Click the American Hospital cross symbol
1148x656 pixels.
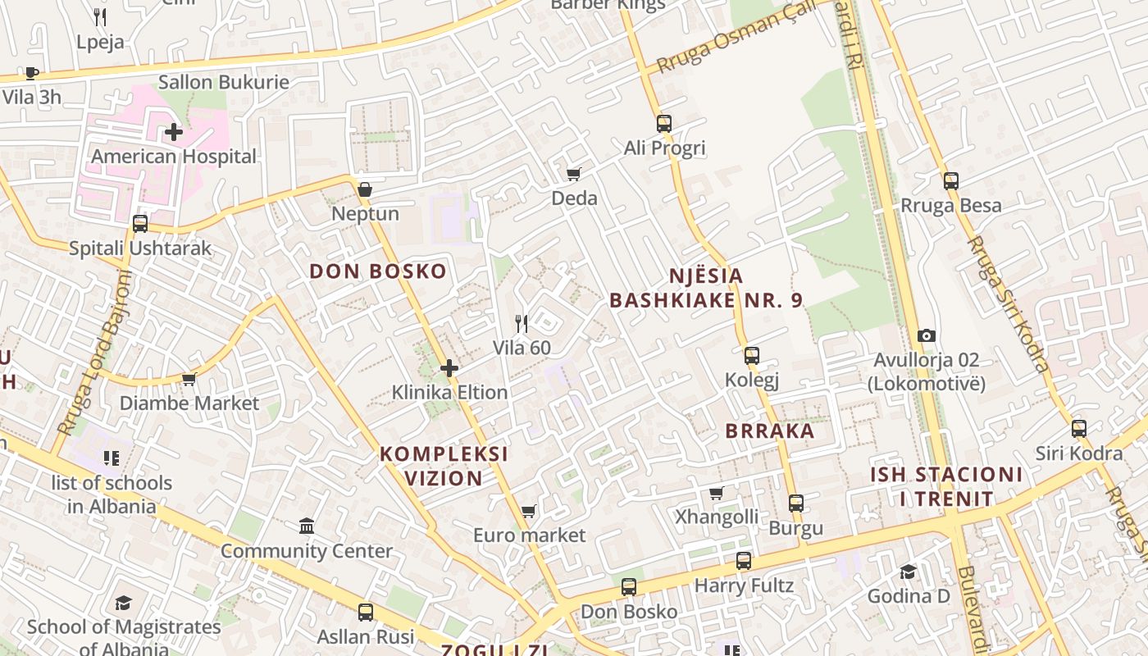pos(174,131)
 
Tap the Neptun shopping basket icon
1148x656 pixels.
pos(365,190)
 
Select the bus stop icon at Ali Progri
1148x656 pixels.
pos(664,124)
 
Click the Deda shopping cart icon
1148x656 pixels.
pos(574,174)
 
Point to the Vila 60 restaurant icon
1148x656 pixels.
pos(521,324)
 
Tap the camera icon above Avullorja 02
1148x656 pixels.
pos(927,335)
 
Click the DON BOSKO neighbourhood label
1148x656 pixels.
pos(378,271)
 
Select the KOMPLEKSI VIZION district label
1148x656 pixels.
pos(444,466)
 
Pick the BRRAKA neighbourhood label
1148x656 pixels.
pos(770,430)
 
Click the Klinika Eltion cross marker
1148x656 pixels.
pos(449,368)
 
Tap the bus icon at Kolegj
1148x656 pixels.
pos(752,356)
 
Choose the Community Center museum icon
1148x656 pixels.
pos(307,526)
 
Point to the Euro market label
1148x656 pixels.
pos(530,535)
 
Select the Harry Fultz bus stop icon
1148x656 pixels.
pos(744,561)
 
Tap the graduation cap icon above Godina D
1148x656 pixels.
pos(908,572)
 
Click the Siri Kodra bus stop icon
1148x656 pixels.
pos(1079,429)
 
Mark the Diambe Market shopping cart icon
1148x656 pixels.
pos(189,379)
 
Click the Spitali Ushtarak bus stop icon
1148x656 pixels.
pos(140,223)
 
